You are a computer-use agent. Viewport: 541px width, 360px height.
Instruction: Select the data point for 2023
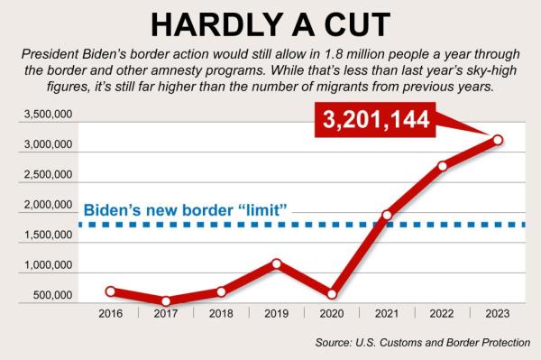[x=498, y=140]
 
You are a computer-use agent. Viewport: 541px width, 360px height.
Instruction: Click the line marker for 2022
[x=442, y=166]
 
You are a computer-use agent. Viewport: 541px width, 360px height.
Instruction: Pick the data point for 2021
[x=387, y=216]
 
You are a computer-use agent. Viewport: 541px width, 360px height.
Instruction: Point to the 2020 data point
[x=332, y=293]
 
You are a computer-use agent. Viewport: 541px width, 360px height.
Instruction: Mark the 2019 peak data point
[x=276, y=263]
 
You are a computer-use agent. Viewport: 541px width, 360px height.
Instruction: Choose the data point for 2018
[x=221, y=291]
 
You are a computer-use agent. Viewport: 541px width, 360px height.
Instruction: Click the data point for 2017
[x=166, y=301]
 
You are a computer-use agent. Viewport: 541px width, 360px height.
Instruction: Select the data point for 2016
[x=111, y=291]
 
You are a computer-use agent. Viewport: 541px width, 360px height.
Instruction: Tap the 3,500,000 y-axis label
[x=44, y=116]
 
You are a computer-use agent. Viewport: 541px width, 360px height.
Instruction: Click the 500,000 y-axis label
[x=50, y=295]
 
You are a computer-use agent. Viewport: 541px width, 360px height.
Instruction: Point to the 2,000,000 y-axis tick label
[x=44, y=206]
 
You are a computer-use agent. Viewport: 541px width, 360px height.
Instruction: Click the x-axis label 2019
[x=276, y=314]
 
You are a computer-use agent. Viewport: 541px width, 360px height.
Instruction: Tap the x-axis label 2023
[x=498, y=314]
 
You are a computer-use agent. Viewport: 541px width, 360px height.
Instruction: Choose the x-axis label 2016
[x=111, y=314]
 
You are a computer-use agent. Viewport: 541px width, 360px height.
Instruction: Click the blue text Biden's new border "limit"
[x=186, y=210]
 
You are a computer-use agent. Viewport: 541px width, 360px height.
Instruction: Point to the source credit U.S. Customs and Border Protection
[x=423, y=342]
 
